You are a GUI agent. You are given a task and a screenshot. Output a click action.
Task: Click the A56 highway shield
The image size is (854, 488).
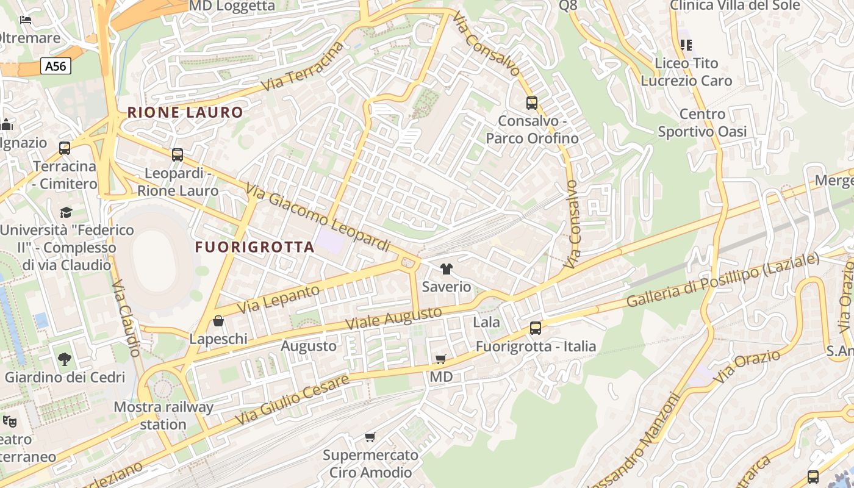56,66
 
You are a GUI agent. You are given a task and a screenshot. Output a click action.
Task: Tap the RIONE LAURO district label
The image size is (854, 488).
185,112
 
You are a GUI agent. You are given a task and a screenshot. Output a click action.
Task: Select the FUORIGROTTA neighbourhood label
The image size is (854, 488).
255,247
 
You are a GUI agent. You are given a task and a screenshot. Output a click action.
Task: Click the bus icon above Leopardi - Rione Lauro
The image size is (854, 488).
178,155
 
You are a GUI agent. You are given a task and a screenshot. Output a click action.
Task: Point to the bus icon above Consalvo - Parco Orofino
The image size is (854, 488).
532,102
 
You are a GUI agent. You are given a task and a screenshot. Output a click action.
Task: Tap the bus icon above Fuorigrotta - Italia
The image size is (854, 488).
536,328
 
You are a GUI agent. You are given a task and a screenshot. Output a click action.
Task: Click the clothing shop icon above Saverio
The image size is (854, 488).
447,269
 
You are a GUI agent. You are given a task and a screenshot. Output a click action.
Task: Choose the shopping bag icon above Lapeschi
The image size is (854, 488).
218,321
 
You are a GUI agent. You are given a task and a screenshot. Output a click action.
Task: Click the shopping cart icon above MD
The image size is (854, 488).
440,359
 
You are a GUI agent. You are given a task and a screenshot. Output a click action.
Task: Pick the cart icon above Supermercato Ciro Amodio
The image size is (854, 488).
370,437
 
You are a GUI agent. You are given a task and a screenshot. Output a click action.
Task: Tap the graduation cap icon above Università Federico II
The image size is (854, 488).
66,212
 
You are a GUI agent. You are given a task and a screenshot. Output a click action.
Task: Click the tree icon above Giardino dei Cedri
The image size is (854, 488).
65,359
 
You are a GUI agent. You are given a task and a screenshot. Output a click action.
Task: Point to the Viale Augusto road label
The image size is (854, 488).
393,318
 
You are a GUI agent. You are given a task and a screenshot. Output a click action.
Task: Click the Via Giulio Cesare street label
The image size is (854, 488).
293,400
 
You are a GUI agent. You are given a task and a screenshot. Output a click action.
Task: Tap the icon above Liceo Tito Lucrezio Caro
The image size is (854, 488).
686,45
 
